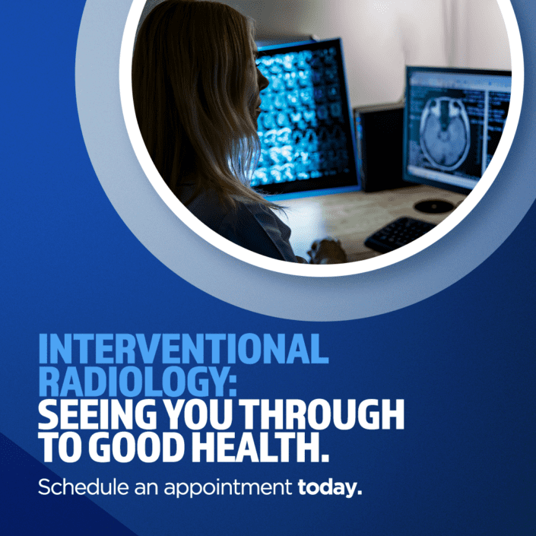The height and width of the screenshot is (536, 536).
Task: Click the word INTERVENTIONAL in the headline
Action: tap(183, 350)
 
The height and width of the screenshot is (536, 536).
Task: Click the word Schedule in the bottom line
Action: tap(78, 487)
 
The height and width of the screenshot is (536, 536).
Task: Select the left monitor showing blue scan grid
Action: tap(304, 114)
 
